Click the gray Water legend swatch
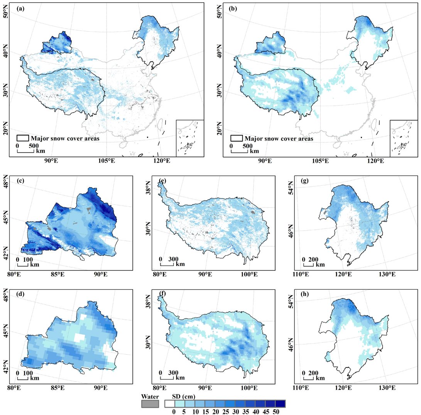tap(150, 404)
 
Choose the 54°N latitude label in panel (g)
tap(292, 189)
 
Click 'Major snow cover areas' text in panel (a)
tap(62, 138)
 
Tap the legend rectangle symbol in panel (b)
tap(236, 138)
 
